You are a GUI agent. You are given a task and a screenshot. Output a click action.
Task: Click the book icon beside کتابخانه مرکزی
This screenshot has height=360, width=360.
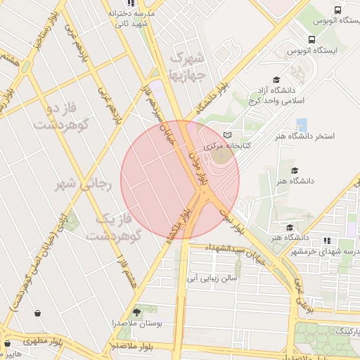pyautogui.click(x=226, y=135)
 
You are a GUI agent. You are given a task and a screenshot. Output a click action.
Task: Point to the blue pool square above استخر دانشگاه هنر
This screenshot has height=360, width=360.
pyautogui.click(x=302, y=125)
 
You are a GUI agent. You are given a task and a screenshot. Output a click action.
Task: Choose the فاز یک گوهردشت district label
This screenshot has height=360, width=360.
pyautogui.click(x=114, y=226)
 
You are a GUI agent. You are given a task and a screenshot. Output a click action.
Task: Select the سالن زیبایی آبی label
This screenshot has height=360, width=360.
pyautogui.click(x=212, y=278)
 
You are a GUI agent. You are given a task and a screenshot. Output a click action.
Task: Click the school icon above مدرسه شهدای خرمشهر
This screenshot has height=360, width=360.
pyautogui.click(x=327, y=241)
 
